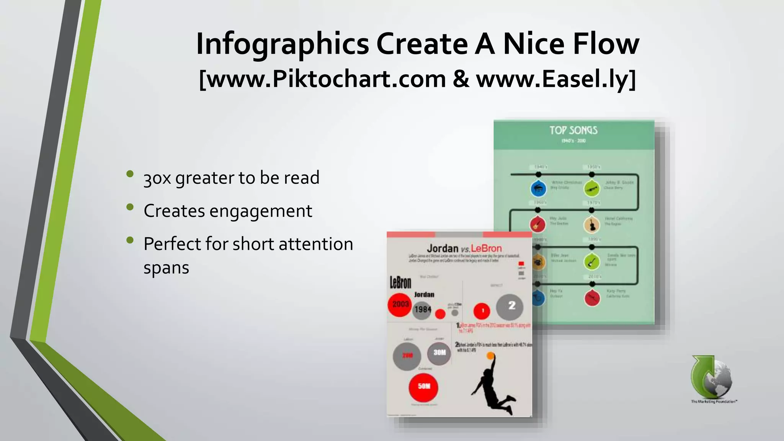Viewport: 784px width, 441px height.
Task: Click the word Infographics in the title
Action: coord(282,44)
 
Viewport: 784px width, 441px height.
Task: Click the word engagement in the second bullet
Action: coord(260,211)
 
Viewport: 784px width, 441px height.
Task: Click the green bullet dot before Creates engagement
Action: coord(130,207)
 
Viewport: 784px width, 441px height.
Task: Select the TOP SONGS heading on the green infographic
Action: coord(573,131)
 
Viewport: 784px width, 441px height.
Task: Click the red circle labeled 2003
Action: coord(400,305)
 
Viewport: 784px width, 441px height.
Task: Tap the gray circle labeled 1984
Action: coord(423,309)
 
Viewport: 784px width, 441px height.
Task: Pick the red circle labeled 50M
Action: coord(423,387)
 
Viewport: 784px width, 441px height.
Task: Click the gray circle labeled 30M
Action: coord(439,353)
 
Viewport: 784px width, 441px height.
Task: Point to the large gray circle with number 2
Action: coord(510,307)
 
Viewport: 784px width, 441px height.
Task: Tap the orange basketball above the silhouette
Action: coord(490,356)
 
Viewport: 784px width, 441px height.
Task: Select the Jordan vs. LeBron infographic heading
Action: coord(464,248)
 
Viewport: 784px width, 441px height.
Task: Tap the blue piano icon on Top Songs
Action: coord(538,188)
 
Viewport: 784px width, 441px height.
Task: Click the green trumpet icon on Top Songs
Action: coord(592,188)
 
